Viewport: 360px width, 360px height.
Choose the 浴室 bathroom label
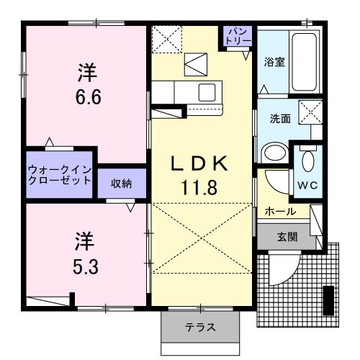click(x=274, y=62)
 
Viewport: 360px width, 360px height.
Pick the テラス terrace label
click(x=200, y=328)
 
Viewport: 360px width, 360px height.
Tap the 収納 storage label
click(x=121, y=183)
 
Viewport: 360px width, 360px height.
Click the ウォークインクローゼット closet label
click(x=60, y=175)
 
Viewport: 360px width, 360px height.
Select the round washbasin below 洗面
click(x=274, y=153)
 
